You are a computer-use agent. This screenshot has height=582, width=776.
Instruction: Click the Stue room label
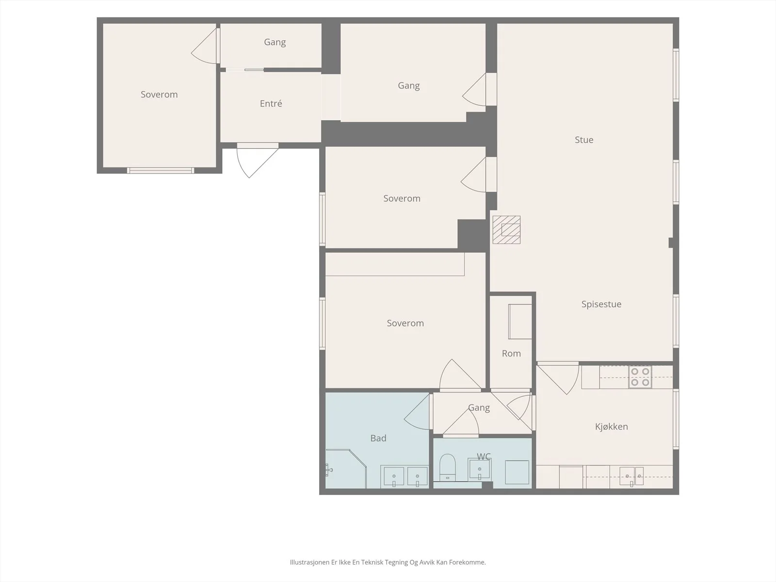click(584, 140)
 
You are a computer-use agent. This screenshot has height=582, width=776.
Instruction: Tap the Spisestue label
click(601, 304)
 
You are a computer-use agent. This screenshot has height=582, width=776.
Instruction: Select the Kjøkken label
click(611, 426)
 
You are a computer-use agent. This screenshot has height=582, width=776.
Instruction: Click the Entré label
click(271, 103)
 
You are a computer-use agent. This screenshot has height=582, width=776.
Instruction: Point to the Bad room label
click(378, 438)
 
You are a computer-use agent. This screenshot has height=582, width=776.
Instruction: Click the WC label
click(484, 456)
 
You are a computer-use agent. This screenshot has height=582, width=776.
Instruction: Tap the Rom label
click(511, 354)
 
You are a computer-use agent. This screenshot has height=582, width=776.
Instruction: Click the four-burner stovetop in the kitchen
click(640, 377)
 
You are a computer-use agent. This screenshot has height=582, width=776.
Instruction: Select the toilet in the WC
click(447, 467)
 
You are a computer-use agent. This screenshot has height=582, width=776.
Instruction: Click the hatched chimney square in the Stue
click(506, 230)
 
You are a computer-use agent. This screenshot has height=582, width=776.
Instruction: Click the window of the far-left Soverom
click(161, 171)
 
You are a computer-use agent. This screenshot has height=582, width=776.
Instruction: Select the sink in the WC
click(479, 469)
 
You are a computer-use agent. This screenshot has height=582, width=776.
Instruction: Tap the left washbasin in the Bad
click(394, 476)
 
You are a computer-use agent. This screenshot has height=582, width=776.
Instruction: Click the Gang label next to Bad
click(479, 408)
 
